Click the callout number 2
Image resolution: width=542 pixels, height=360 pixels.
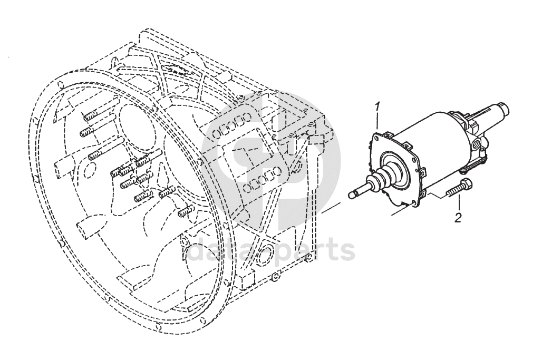click(x=458, y=218)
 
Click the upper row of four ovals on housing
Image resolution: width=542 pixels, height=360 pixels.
click(x=230, y=127)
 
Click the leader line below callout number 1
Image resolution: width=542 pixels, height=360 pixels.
click(x=378, y=123)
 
